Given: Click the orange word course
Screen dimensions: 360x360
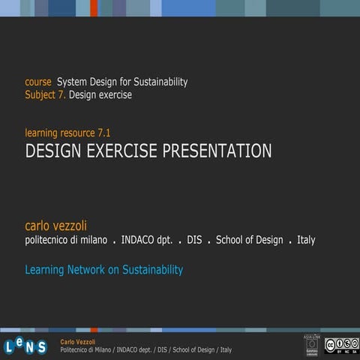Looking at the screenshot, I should click(x=38, y=82).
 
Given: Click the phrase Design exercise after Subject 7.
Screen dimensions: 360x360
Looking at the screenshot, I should click(x=100, y=95).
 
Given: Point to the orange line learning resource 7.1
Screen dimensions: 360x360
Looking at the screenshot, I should click(x=67, y=133).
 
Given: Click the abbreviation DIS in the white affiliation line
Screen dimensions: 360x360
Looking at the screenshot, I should click(x=194, y=241).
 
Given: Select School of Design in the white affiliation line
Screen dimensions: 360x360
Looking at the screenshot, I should click(x=249, y=241).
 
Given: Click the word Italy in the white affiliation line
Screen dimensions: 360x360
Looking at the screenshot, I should click(x=306, y=241).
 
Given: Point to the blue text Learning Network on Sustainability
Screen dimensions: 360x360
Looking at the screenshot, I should click(x=103, y=270).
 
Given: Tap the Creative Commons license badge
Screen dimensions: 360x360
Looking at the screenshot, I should click(x=341, y=344).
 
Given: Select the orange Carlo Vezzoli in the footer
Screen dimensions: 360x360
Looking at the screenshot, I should click(x=78, y=341).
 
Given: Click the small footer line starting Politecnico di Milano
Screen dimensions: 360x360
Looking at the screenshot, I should click(x=145, y=350).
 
